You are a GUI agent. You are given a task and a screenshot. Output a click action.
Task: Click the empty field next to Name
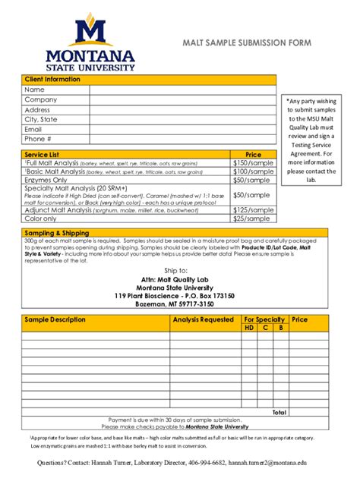point(182,90)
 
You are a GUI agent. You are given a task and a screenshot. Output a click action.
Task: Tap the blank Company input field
point(182,99)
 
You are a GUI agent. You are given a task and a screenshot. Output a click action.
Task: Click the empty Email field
point(182,129)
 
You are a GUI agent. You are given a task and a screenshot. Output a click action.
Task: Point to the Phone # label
point(38,139)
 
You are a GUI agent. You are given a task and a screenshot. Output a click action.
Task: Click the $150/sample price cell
point(253,163)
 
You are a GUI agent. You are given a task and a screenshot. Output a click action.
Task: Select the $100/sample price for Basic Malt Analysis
point(253,172)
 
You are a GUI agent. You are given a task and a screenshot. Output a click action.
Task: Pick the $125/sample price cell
point(253,210)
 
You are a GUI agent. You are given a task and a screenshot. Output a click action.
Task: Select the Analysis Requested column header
point(203,319)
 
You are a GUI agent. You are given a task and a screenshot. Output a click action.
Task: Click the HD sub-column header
point(249,328)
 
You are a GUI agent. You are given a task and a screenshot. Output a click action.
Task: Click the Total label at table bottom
point(279,413)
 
